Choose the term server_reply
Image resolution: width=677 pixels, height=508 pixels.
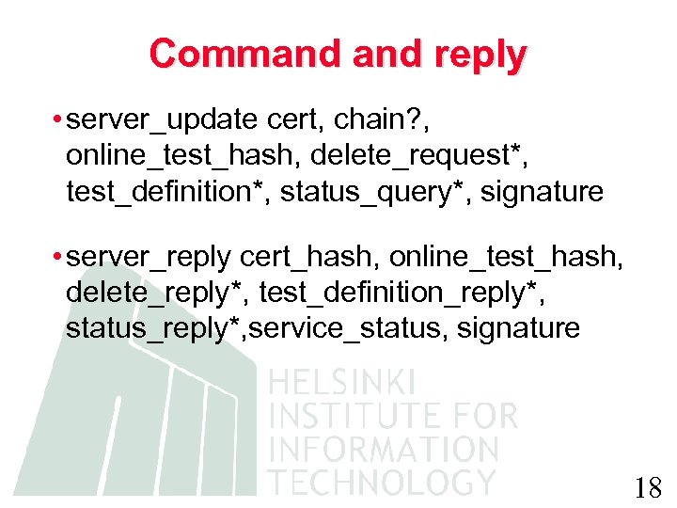click(150, 257)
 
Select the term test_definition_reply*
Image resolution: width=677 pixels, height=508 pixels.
click(401, 293)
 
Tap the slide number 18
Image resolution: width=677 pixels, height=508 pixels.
click(648, 488)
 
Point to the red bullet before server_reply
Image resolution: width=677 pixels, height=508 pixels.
click(58, 257)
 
